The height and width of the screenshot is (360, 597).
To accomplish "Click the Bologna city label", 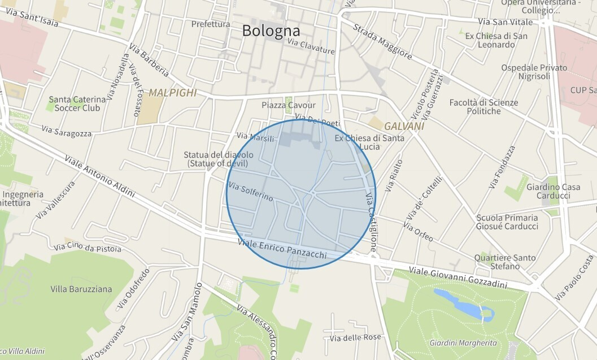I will pyautogui.click(x=271, y=31).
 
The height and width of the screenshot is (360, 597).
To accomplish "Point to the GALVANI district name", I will pyautogui.click(x=404, y=126).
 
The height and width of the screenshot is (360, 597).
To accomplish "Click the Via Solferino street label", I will pyautogui.click(x=251, y=192).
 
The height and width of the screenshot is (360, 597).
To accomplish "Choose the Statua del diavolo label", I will pyautogui.click(x=219, y=159).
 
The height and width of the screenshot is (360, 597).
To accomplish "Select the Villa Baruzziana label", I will pyautogui.click(x=81, y=289).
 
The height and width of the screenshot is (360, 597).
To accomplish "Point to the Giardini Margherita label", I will pyautogui.click(x=463, y=343).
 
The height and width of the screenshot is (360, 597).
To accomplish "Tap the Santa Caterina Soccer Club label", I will pyautogui.click(x=74, y=103).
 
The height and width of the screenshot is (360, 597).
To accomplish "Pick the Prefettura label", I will pyautogui.click(x=211, y=24).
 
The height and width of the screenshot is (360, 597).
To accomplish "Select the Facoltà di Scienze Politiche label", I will pyautogui.click(x=475, y=106).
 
